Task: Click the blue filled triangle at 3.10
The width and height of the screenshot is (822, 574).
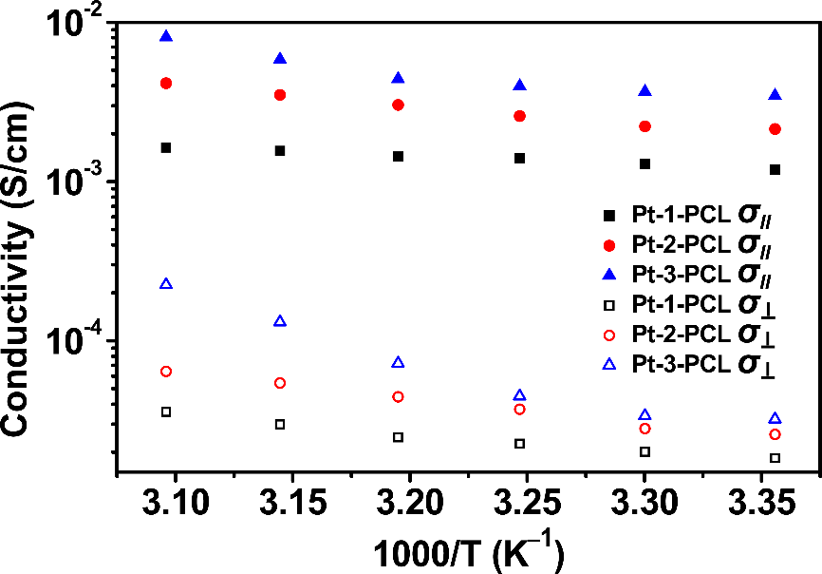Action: [166, 37]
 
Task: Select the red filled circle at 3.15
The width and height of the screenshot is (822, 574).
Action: [280, 95]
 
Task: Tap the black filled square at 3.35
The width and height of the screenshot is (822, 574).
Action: [775, 170]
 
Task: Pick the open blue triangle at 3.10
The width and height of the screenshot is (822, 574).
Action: [166, 284]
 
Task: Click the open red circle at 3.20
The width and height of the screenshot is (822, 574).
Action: [398, 397]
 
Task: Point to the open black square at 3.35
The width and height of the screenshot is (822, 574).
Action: [775, 458]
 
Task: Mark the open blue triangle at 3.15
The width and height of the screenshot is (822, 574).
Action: [280, 321]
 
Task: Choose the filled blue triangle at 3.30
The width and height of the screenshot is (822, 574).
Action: [645, 91]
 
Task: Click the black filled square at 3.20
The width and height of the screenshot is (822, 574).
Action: [398, 156]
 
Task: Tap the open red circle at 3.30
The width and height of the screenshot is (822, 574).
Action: [645, 429]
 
